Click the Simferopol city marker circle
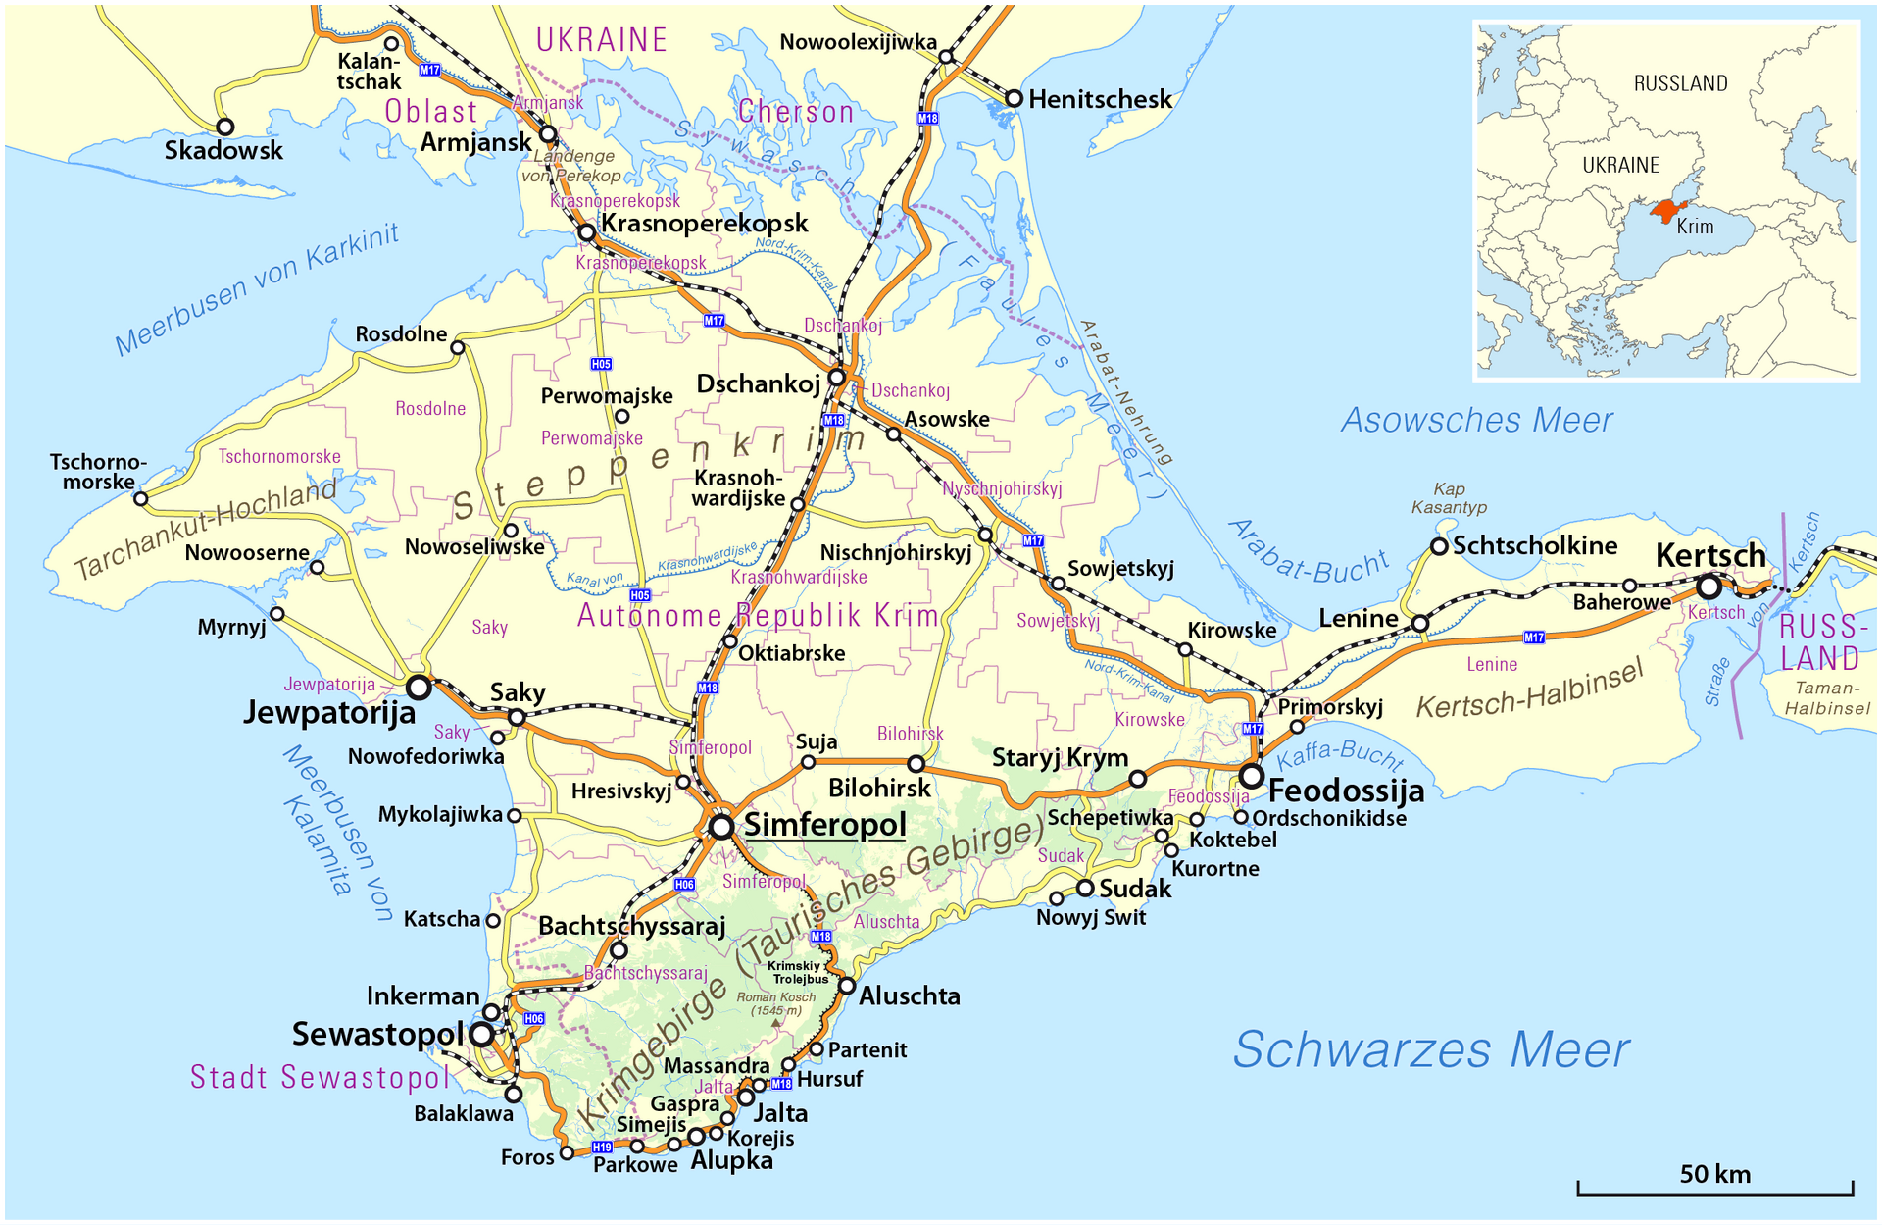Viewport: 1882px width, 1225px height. point(721,827)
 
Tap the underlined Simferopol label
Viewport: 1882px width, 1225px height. point(824,825)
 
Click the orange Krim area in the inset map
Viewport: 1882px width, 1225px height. point(1665,210)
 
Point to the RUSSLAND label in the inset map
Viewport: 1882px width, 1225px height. point(1680,83)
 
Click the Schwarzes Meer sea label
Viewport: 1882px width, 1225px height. point(1430,1050)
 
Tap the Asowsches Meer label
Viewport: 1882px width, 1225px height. point(1476,421)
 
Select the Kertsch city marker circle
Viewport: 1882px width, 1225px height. point(1709,587)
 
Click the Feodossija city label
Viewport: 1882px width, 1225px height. point(1346,791)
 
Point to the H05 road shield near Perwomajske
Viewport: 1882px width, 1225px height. point(601,364)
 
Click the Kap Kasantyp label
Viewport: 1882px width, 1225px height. point(1449,498)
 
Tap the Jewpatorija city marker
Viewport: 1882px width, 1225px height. point(419,688)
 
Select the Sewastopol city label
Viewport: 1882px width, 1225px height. point(377,1034)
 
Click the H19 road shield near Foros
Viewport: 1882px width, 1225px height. point(602,1147)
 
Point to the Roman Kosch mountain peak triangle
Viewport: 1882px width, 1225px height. point(776,1023)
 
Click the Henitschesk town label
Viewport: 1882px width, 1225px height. point(1100,99)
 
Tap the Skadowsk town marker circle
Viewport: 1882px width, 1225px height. point(225,127)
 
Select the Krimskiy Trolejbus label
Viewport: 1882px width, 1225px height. point(799,972)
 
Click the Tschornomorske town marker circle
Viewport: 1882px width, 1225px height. point(141,499)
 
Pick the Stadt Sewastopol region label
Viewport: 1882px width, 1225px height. point(320,1078)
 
